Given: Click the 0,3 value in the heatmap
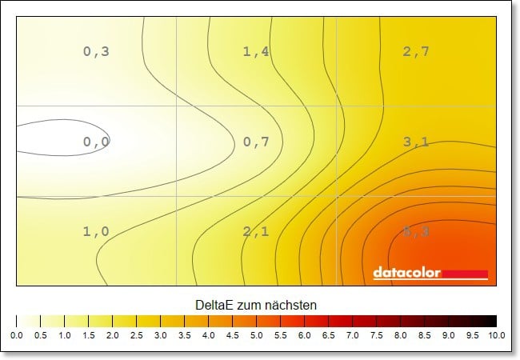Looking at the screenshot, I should (x=96, y=52).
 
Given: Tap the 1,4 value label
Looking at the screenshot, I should (x=256, y=52).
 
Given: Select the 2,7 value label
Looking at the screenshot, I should (x=416, y=52).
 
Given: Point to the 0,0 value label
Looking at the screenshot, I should (x=96, y=142).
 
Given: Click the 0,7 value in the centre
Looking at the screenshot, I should (x=256, y=142).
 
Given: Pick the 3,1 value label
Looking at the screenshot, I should (x=416, y=142).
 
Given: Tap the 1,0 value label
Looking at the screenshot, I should (x=96, y=231).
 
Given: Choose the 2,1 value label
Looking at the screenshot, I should (x=256, y=231).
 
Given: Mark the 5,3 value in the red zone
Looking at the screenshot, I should (x=416, y=231).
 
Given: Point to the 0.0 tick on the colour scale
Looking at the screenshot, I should (x=17, y=335).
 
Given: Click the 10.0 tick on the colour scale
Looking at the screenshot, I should (x=495, y=335).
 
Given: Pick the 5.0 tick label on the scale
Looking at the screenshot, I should (x=256, y=335).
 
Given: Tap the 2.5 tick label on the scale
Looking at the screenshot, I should (x=136, y=335).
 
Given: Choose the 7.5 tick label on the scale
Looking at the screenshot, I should (x=376, y=335).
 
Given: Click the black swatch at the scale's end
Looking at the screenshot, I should (x=488, y=321).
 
